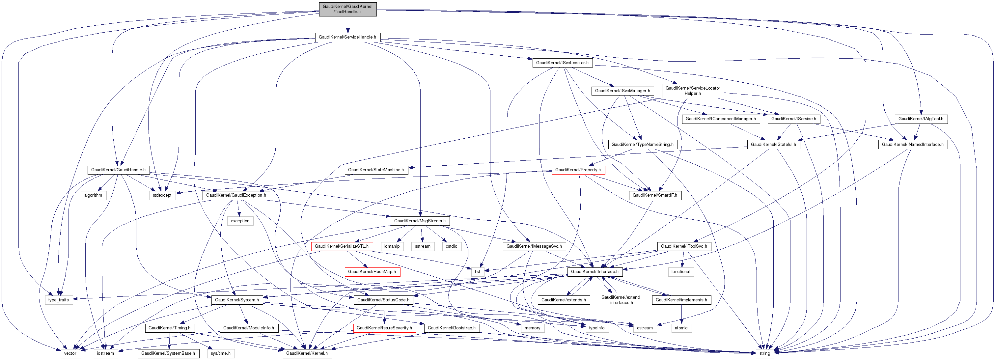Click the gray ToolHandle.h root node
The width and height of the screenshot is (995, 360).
pos(347,9)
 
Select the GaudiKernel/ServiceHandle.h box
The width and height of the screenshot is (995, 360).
pos(347,37)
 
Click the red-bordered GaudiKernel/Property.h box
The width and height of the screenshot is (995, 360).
pos(578,170)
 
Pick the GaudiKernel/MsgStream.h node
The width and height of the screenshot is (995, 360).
pos(420,221)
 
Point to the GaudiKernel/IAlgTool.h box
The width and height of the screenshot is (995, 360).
pos(921,119)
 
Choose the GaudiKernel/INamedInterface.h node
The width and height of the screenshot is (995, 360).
pos(912,145)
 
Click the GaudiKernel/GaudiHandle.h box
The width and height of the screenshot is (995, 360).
pos(118,170)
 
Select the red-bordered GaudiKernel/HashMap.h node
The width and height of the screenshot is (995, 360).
pos(372,271)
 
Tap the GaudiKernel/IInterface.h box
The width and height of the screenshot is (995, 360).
pos(594,271)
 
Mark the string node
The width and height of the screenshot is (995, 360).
pos(764,353)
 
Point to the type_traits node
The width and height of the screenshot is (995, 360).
pos(58,300)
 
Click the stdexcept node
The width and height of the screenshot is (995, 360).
pos(162,195)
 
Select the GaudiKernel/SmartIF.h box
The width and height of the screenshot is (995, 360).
pos(655,195)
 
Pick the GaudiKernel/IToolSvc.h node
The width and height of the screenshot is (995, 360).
pos(684,246)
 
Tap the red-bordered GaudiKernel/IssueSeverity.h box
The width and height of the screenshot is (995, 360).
pos(384,328)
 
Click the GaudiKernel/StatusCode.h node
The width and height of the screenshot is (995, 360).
pos(383,300)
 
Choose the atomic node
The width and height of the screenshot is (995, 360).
pos(681,328)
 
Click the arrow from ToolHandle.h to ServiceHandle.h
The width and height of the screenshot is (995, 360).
pos(347,25)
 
